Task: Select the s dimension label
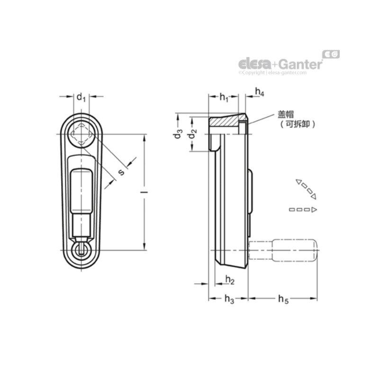coord(121,172)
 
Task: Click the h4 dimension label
coord(259,92)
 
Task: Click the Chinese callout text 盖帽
coord(287,114)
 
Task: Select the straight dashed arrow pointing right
coord(303,209)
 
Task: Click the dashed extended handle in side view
coord(283,251)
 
